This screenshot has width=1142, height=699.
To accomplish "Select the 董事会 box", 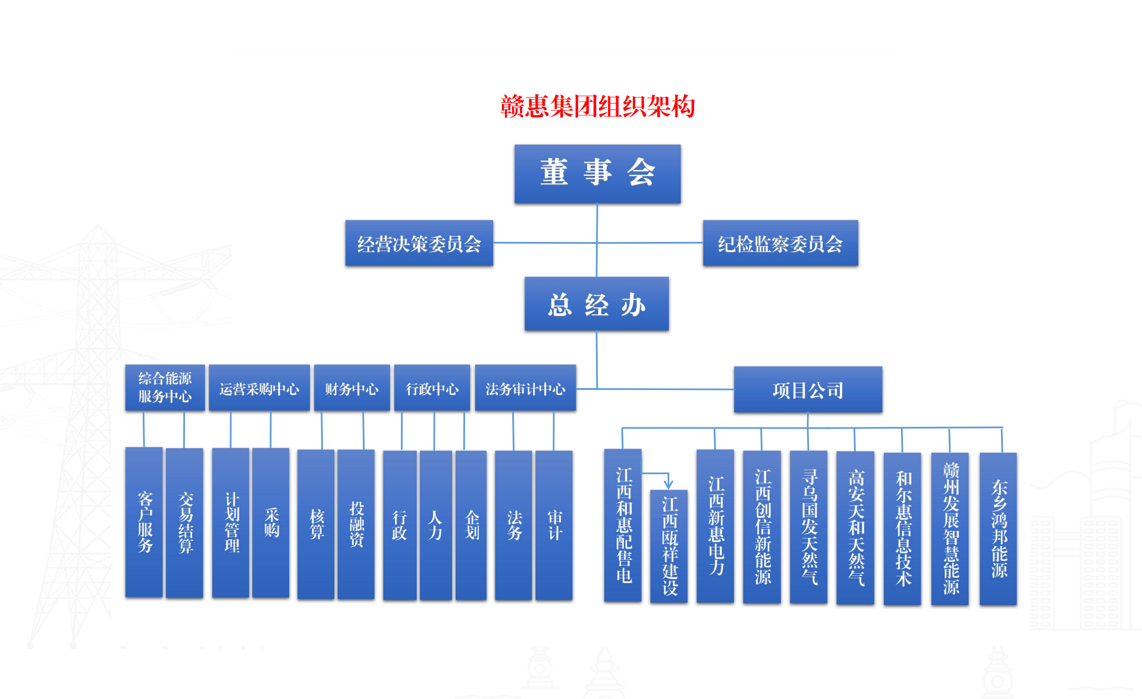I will point(597,174).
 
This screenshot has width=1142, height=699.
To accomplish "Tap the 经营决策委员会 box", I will point(419,243).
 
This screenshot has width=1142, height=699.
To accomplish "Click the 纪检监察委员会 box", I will point(780,243).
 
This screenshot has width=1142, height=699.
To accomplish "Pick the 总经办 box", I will point(597,304).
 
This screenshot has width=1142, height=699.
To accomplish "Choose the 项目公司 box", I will point(808,390).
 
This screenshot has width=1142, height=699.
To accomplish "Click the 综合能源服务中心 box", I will point(165,388).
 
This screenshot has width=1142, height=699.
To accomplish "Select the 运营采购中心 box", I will point(259,388).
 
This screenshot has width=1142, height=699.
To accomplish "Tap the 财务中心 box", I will point(352,388).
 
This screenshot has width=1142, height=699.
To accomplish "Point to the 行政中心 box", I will point(432,388).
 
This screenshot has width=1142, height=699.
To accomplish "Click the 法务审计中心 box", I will point(525,388).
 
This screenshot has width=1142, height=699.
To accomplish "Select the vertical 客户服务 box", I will point(144,522).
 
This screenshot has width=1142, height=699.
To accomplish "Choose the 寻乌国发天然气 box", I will point(808,527).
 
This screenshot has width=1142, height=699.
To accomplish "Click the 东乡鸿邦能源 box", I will point(998,528).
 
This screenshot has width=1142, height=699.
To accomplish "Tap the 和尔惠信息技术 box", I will point(902,528).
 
